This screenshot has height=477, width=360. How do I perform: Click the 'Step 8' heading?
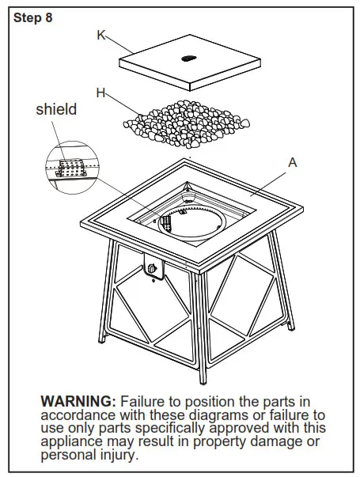[33, 18]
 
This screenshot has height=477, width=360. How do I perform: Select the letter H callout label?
[100, 93]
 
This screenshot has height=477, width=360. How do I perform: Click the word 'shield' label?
[56, 110]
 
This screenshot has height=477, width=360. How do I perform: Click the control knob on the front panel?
[152, 269]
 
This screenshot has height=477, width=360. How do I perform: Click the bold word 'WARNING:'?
[78, 401]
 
